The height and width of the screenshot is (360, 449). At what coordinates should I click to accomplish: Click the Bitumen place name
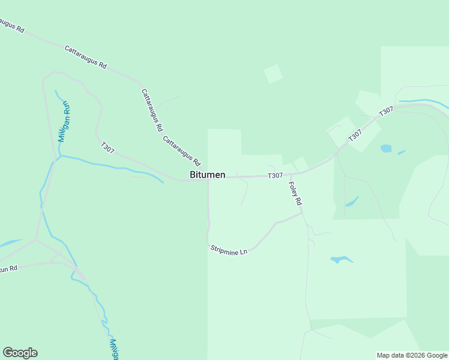(x=208, y=175)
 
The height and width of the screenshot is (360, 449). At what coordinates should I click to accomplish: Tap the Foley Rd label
(x=294, y=194)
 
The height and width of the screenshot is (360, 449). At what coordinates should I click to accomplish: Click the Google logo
(x=20, y=352)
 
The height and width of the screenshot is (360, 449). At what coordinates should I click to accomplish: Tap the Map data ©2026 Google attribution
(x=412, y=355)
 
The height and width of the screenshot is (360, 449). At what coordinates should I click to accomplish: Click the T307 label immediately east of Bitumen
(x=275, y=175)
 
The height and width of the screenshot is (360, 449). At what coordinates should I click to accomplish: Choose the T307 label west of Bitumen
(x=108, y=147)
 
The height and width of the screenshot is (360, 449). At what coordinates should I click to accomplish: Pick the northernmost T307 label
(x=386, y=112)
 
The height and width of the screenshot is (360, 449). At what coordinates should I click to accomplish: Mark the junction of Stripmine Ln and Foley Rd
(x=302, y=212)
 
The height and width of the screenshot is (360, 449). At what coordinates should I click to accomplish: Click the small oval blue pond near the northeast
(x=385, y=148)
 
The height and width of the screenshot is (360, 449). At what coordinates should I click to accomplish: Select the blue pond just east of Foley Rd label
(x=352, y=201)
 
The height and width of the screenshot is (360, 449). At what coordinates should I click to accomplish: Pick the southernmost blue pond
(x=341, y=260)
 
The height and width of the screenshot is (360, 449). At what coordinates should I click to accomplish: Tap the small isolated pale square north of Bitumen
(x=273, y=74)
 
